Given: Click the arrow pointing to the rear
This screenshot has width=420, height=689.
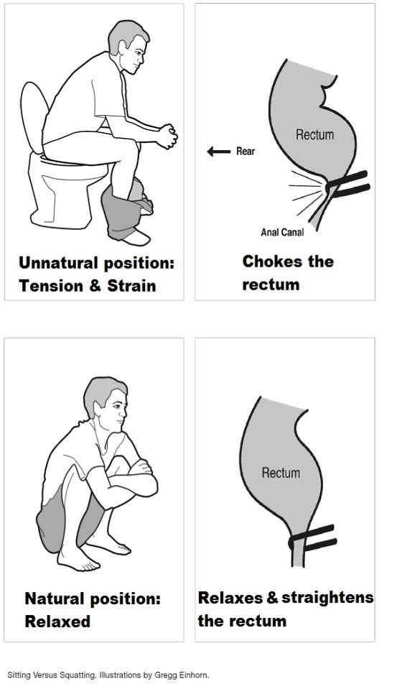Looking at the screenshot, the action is pos(219,152).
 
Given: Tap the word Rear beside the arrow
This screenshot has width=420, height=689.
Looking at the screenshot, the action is pos(246,151).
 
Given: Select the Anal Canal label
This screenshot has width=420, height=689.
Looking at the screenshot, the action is pos(282,232).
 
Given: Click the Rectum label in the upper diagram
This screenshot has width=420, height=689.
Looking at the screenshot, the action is pos(314,134).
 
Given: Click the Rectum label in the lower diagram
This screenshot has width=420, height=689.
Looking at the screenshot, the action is pos(281,473).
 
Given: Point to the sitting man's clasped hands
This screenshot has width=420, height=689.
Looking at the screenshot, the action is pos(167,136).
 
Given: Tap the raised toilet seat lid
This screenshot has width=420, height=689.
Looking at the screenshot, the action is pos(34,116).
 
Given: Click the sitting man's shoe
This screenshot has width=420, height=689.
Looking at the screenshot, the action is pos(136,238).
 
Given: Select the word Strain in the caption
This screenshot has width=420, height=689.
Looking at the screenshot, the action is pos(131,286).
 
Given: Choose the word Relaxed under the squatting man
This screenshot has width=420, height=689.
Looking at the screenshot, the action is pos(57,621).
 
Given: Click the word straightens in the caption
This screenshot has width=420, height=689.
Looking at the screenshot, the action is pos(327,598).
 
